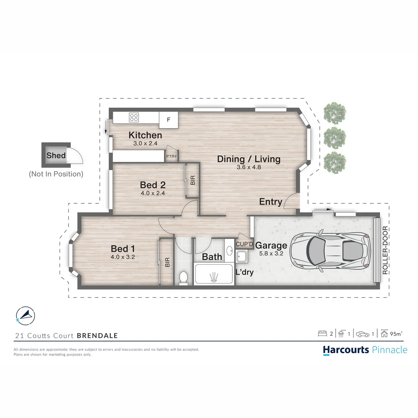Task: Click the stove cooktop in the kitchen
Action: click(x=134, y=117)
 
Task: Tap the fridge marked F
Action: click(x=169, y=120)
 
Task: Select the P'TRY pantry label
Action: click(x=171, y=156)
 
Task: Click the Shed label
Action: click(x=56, y=155)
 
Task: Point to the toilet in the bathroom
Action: click(x=184, y=278)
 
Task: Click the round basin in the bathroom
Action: click(x=229, y=251)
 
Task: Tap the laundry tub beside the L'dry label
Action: click(x=242, y=257)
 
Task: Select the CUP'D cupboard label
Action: click(x=245, y=244)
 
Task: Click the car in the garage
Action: click(x=330, y=250)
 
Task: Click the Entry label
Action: click(x=271, y=202)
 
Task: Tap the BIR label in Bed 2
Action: click(x=193, y=180)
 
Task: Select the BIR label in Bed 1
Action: click(x=167, y=262)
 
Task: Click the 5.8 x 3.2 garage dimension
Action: click(x=271, y=253)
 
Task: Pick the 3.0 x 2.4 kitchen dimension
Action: click(x=145, y=143)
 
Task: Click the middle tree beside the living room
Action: click(x=335, y=138)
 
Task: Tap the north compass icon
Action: click(x=25, y=316)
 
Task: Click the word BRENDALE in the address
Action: click(x=98, y=335)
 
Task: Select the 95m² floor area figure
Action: click(x=396, y=334)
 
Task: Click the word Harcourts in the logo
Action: click(x=346, y=350)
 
